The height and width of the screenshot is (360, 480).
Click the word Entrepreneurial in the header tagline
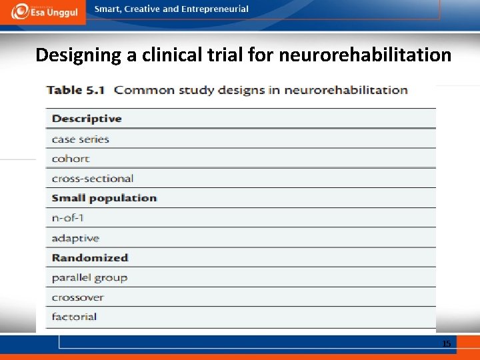215,9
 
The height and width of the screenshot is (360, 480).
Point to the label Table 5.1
73,90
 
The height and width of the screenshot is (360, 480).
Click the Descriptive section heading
87,119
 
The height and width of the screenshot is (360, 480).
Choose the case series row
80,139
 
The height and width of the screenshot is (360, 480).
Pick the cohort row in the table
70,159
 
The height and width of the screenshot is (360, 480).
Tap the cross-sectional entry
92,178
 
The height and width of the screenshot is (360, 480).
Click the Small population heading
104,198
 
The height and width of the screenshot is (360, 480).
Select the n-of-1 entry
67,218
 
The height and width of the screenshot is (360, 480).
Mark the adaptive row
75,238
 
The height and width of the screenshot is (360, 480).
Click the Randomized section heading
89,257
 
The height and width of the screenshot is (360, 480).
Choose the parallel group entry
89,277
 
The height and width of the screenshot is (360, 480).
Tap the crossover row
77,297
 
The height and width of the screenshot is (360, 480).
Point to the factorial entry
74,317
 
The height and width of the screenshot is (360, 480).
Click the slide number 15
447,343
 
